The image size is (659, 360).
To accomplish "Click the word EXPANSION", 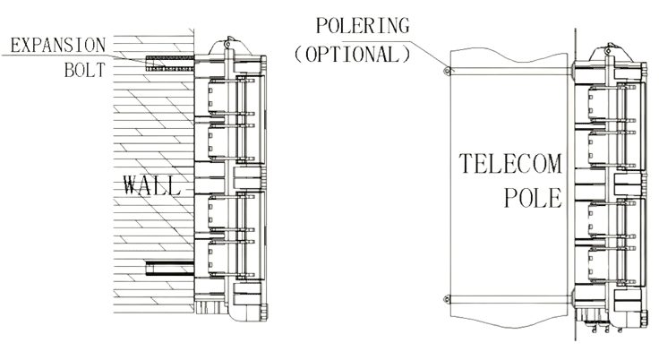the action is (x=58, y=46).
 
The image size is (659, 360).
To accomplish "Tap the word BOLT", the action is (x=85, y=70).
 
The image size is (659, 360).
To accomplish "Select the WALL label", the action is (x=152, y=185).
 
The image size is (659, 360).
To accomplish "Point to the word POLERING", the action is (x=363, y=26).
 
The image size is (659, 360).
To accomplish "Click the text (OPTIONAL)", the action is (x=352, y=55).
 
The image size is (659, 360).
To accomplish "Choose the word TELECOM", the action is (x=510, y=164).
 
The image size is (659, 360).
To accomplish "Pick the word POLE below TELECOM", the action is (x=533, y=198).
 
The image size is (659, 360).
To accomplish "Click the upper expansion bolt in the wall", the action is (x=170, y=63).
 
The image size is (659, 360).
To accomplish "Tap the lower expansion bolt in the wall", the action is (x=170, y=268).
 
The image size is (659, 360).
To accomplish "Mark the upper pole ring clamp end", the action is (x=447, y=71).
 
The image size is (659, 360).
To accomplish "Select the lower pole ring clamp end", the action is (x=447, y=299).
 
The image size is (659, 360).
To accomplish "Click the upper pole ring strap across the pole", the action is (x=510, y=72).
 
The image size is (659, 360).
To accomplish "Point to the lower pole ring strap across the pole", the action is (x=510, y=300).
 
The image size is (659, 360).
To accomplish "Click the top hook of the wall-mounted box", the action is (x=227, y=42).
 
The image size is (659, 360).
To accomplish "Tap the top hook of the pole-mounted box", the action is (x=609, y=48).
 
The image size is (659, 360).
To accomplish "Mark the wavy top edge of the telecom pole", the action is (x=509, y=55).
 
